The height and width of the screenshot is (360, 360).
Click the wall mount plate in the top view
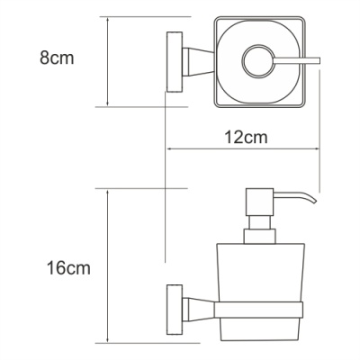[172, 60]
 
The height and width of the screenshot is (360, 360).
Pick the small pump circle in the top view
[256, 61]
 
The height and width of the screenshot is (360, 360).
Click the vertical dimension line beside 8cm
[107, 61]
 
